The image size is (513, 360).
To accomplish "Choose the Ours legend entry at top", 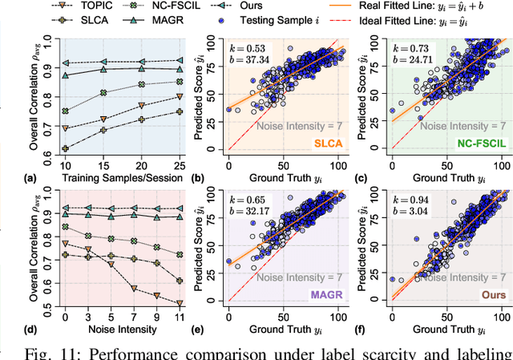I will click(x=211, y=6).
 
